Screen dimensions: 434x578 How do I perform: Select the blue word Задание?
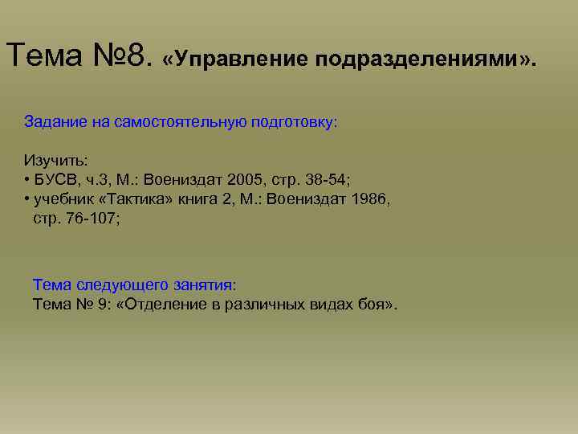click(x=51, y=122)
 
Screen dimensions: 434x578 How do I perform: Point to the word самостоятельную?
click(x=170, y=122)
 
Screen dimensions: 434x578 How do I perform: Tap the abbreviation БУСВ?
click(x=55, y=178)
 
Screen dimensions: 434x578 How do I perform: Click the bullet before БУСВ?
click(x=27, y=178)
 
